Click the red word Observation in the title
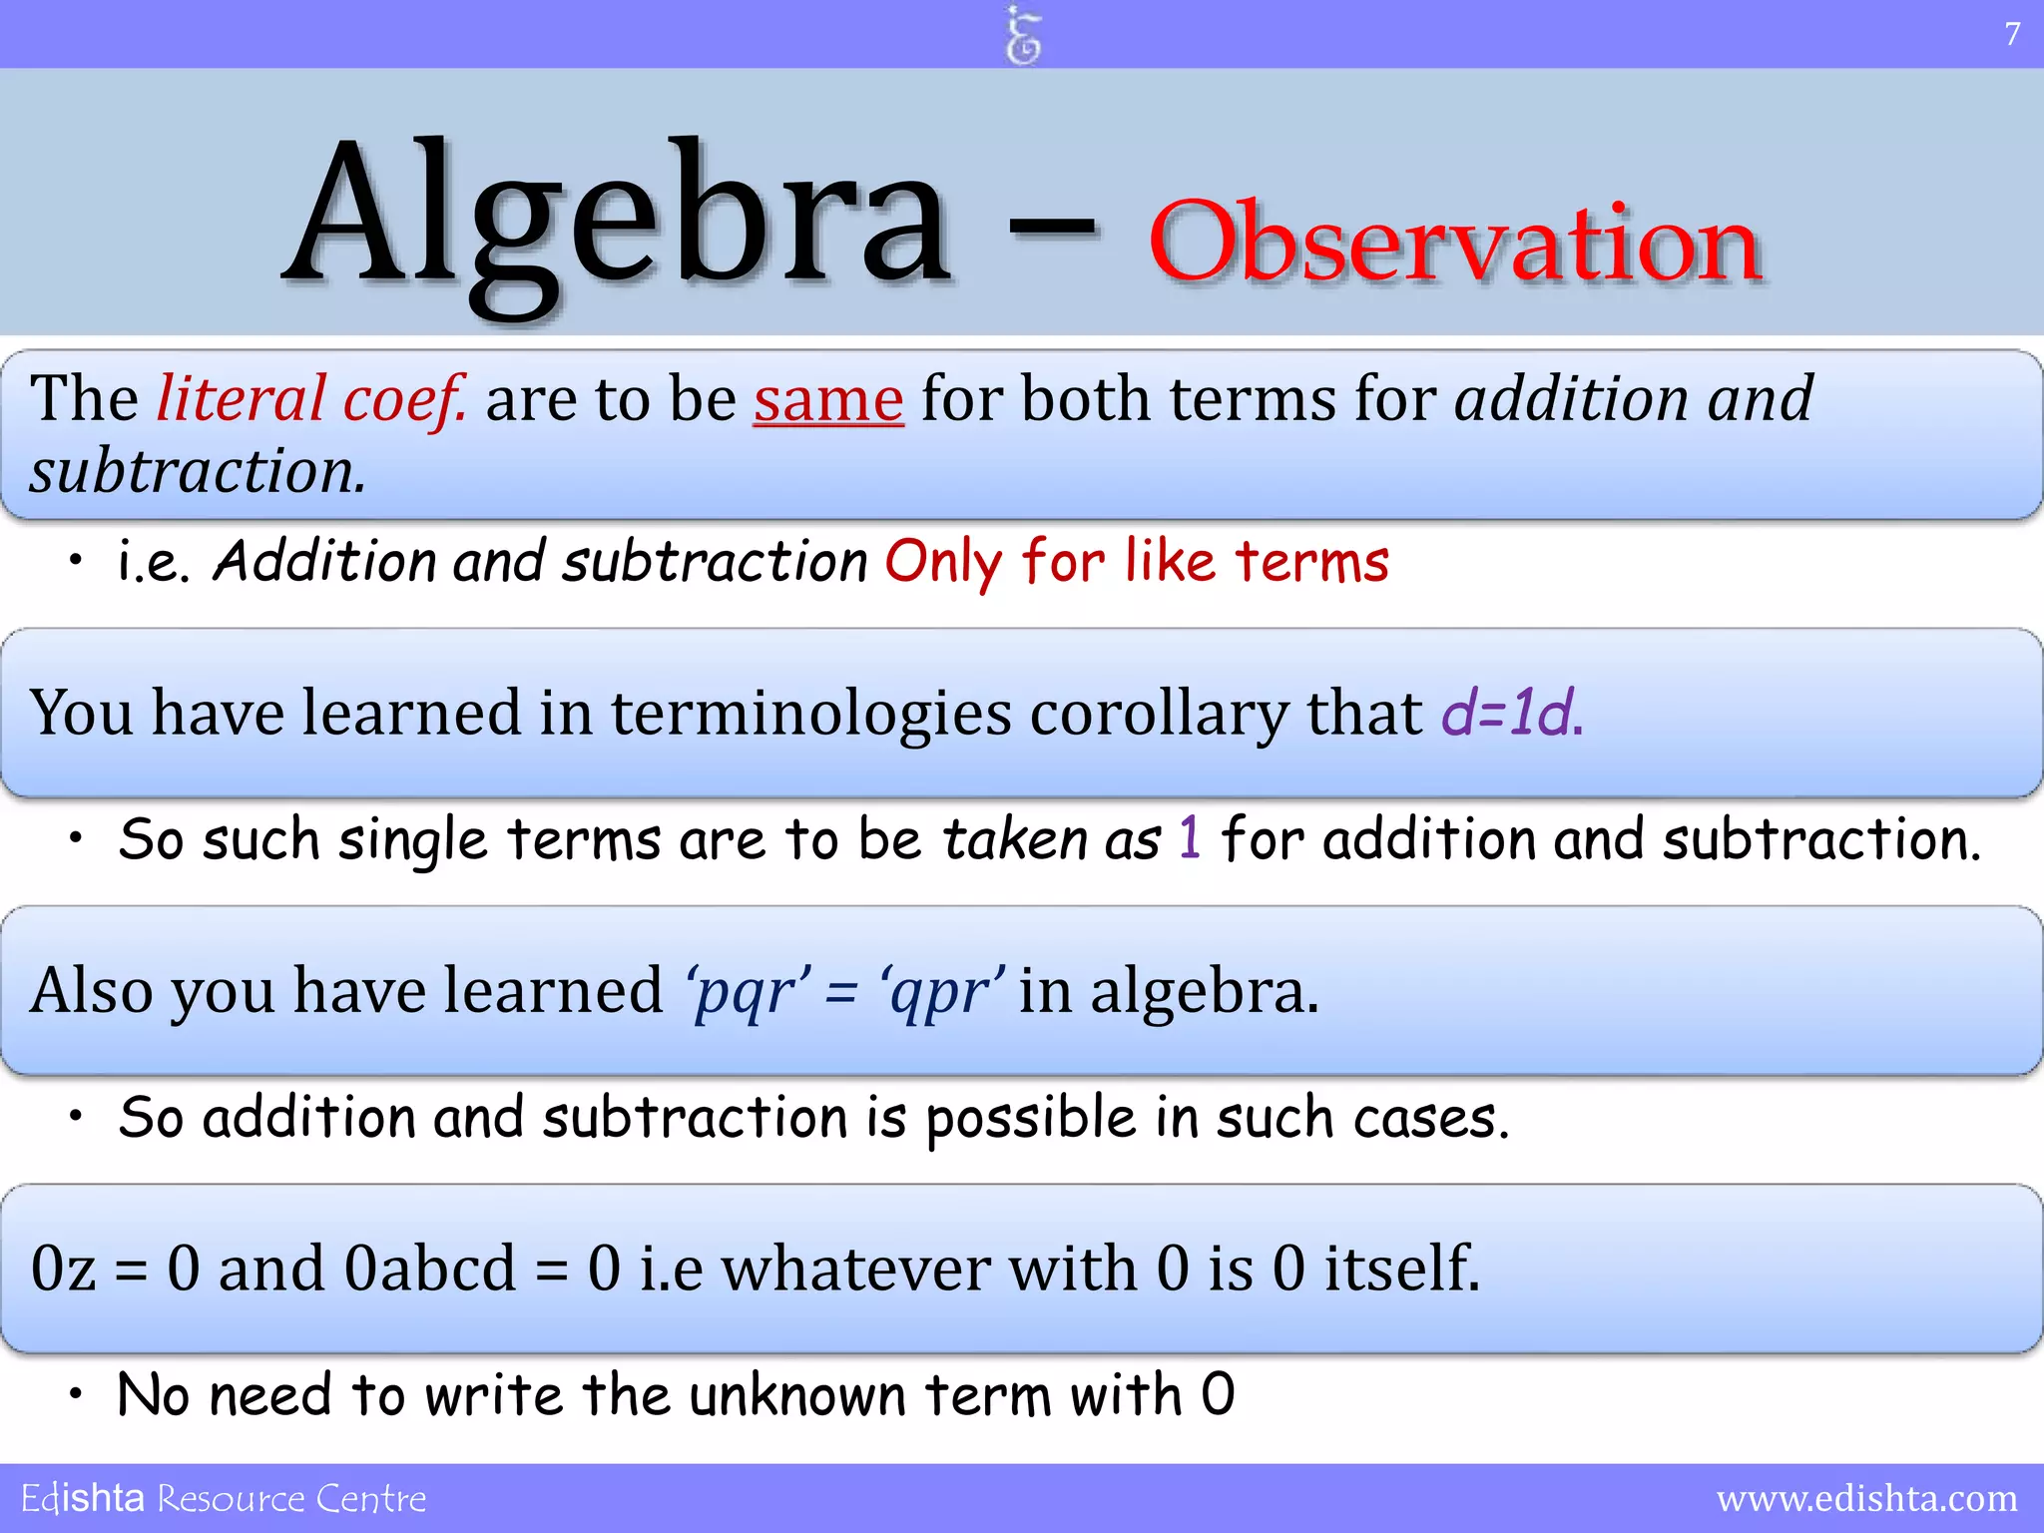coord(1455,243)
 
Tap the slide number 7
coord(2012,34)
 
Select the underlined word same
coord(828,399)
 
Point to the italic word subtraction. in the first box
coord(198,471)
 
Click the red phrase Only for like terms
coord(1136,561)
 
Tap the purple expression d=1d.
coord(1512,713)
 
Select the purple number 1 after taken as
coord(1189,837)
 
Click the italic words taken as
coord(1052,838)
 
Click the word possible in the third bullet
coord(1031,1117)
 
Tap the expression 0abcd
coord(431,1269)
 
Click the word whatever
coord(856,1269)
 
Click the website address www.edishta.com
coord(1866,1498)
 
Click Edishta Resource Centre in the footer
coord(224,1498)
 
